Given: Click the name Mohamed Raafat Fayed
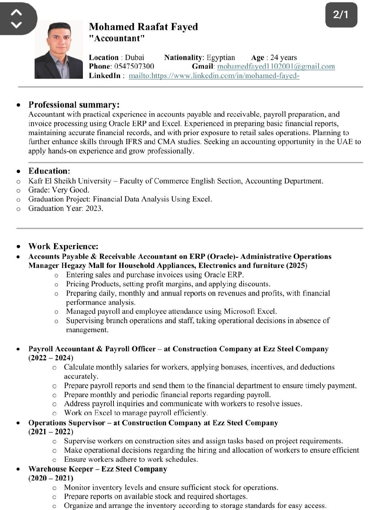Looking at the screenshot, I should [x=143, y=27].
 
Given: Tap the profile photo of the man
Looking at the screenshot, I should [x=58, y=50].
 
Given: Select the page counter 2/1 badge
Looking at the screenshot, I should [x=341, y=14].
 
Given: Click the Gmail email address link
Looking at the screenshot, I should [x=276, y=66].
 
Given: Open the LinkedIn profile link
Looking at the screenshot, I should [x=214, y=76].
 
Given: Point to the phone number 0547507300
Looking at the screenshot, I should [x=134, y=66].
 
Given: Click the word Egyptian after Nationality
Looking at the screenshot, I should [x=221, y=57].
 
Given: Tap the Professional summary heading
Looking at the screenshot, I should [x=74, y=105].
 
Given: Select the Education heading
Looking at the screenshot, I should [x=49, y=171].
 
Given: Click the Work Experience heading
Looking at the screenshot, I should [x=63, y=247].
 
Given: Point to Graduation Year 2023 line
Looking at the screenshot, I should [x=66, y=208].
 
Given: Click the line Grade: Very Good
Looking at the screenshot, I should [x=59, y=190].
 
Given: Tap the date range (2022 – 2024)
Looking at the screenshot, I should [x=51, y=358].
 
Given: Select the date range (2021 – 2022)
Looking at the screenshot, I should [x=51, y=432].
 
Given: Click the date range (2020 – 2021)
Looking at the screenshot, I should [x=51, y=478].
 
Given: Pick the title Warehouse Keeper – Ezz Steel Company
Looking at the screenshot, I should [x=98, y=469].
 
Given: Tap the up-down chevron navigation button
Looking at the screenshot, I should [x=17, y=18].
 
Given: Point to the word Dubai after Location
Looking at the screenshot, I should [x=134, y=57].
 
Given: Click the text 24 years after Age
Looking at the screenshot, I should [x=284, y=57].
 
